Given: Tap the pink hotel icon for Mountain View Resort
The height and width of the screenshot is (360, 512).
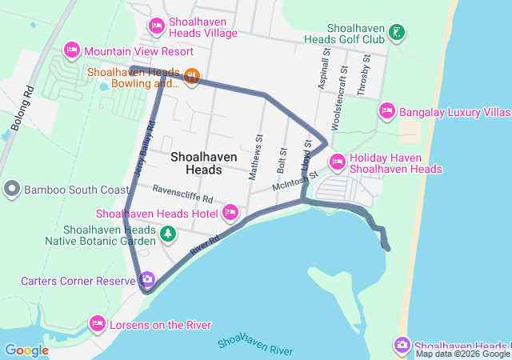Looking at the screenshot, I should [x=71, y=50].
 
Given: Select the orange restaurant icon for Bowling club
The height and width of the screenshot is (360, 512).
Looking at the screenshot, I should [x=191, y=77].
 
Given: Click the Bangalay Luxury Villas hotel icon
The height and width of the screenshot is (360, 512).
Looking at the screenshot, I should [x=387, y=110].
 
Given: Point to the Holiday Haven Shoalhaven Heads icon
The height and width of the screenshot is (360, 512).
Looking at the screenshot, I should [x=337, y=162].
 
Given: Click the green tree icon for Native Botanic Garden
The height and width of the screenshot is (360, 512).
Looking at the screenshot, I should [x=168, y=234].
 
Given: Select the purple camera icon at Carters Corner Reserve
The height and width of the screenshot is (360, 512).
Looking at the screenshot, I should [x=146, y=280].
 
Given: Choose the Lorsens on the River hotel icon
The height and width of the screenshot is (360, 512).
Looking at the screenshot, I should [x=98, y=324].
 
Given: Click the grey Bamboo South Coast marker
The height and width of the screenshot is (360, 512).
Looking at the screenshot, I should [x=12, y=190].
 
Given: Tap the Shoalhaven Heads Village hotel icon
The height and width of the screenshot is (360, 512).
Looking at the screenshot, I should [x=156, y=26].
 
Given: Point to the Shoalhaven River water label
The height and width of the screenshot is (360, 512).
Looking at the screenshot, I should [x=254, y=344].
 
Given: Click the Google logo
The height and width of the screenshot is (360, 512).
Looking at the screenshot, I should [x=26, y=350].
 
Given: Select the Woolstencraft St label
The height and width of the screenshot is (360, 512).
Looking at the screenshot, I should [x=345, y=87].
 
